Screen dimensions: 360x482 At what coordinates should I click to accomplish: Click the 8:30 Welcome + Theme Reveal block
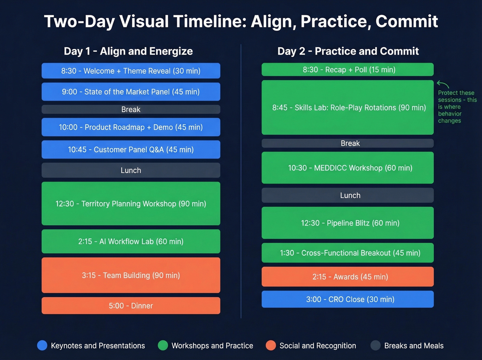pos(131,71)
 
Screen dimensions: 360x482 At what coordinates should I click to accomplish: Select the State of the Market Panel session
pos(131,92)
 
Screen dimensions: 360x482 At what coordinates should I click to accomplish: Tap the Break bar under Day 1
pos(131,109)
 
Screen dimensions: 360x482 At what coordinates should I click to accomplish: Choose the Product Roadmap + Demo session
pos(131,127)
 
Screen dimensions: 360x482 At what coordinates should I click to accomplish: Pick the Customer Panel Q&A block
pos(131,150)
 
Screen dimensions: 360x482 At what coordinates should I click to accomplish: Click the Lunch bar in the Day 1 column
pos(131,170)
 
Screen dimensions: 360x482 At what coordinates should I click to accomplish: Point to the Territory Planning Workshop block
pos(131,204)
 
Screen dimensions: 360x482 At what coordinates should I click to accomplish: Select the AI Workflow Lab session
pos(131,241)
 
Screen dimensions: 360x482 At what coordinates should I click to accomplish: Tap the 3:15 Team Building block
pos(131,275)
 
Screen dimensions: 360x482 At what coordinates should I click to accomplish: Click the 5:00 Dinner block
pos(131,306)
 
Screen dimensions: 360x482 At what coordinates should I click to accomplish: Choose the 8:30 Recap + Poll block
pos(348,70)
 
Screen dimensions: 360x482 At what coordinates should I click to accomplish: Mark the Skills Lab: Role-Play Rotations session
pos(348,107)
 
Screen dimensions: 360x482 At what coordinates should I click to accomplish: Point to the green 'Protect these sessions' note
pos(457,107)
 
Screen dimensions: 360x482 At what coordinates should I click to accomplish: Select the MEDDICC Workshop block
pos(348,168)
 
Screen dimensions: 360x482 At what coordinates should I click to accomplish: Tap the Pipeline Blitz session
pos(348,223)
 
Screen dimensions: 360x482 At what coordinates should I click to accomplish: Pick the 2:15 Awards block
pos(348,277)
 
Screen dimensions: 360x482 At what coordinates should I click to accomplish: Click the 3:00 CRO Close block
pos(348,299)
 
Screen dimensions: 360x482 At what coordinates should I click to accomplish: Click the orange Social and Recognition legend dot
pos(271,345)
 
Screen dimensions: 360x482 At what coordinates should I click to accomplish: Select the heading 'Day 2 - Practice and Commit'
pos(348,51)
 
